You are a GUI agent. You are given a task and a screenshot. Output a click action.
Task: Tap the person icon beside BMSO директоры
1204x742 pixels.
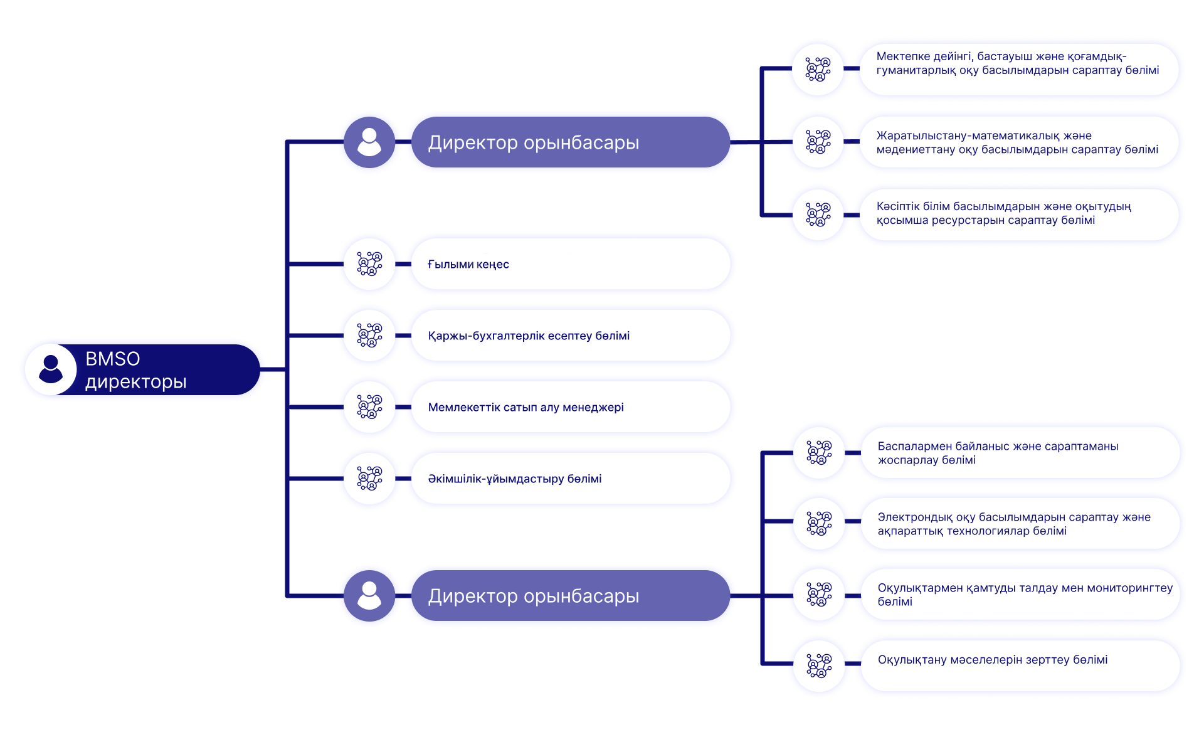tap(51, 369)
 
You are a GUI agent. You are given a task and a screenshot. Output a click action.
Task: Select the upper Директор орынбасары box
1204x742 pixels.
tap(570, 142)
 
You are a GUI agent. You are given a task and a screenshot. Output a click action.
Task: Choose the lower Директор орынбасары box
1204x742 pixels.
tap(570, 596)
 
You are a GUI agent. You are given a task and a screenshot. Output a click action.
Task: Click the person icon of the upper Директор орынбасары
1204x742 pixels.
tap(369, 142)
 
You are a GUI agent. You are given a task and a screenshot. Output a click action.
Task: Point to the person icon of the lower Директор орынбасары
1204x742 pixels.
tap(369, 596)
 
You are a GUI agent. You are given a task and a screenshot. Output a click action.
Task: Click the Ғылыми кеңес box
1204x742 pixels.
tap(570, 264)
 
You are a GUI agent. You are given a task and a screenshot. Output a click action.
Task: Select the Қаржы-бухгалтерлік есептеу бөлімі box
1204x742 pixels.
tap(570, 336)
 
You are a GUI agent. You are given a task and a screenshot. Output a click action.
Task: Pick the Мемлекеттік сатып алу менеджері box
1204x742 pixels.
tap(570, 407)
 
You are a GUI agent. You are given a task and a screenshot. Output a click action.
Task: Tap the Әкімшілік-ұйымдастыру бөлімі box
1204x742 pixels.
tap(570, 479)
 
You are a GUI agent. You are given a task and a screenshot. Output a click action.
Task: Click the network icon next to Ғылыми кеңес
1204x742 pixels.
tap(369, 264)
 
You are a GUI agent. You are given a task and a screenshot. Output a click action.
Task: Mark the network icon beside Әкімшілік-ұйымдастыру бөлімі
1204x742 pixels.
tap(369, 479)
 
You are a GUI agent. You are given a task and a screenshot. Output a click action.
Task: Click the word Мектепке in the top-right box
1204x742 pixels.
tap(902, 56)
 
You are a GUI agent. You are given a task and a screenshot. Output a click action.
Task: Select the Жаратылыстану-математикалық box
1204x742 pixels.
tap(1018, 142)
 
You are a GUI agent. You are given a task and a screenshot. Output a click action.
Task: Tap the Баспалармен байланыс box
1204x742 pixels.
tap(1020, 453)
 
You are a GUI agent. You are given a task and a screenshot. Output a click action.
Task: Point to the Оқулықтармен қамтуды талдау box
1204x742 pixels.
tap(1020, 595)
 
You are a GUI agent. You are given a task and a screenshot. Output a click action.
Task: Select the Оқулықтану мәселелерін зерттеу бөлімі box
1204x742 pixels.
tap(1020, 665)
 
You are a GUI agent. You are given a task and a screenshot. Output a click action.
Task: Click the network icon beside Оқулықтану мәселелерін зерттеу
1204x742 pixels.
tap(819, 665)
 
